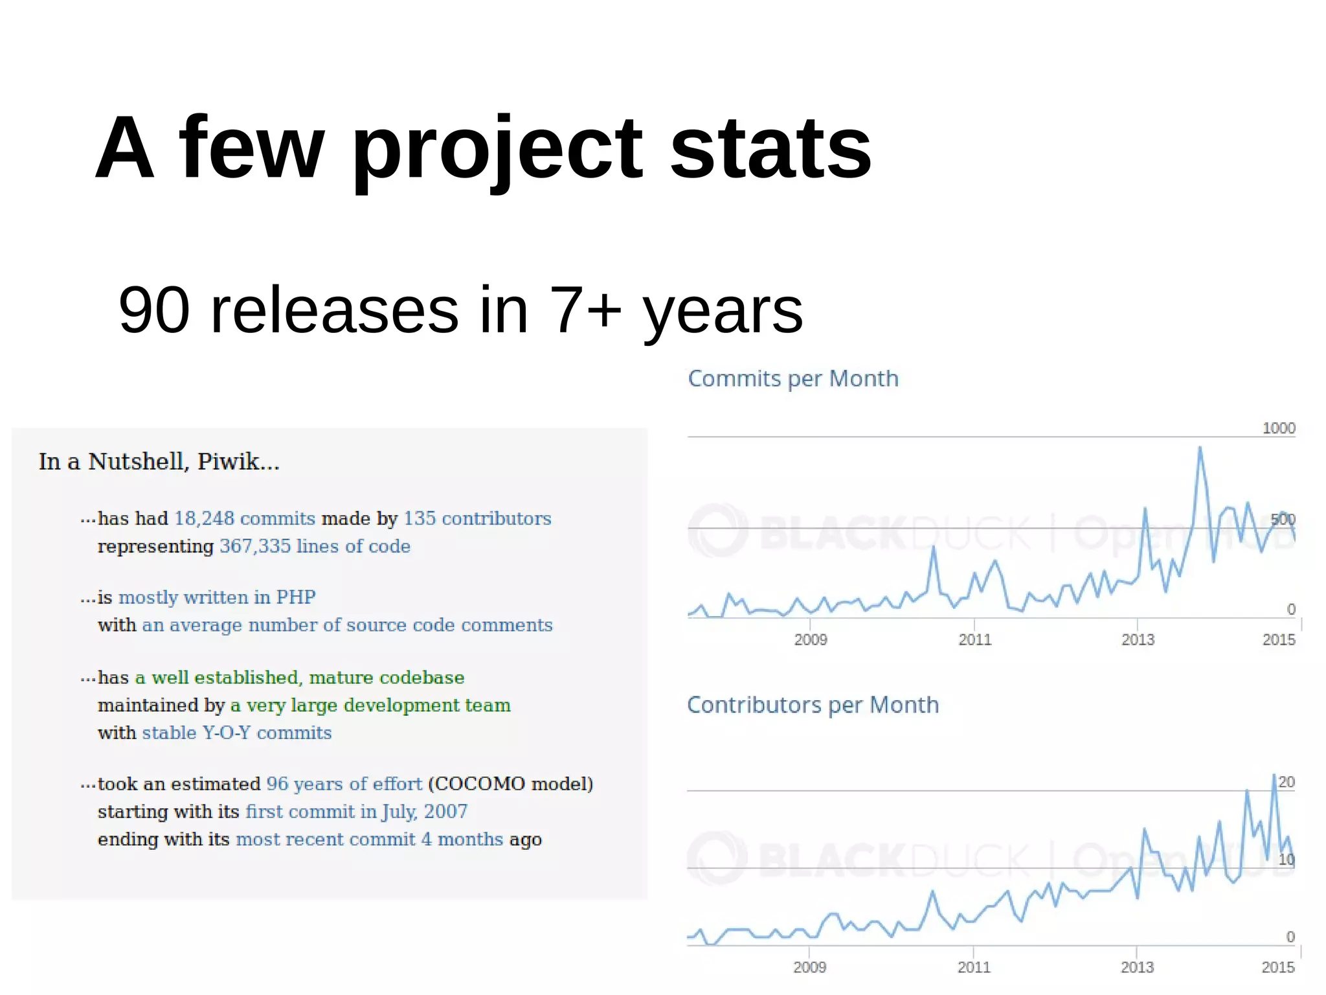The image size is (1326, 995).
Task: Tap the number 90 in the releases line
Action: pos(154,310)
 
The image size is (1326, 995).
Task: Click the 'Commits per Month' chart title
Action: pos(793,379)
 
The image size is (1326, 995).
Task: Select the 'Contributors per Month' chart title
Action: pos(813,705)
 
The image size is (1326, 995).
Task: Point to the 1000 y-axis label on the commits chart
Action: pos(1278,428)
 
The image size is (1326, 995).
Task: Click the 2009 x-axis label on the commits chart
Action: pos(811,640)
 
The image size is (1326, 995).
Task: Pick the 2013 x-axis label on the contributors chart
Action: pos(1137,967)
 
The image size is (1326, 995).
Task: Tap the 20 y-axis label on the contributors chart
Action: pos(1287,783)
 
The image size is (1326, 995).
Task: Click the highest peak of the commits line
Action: pos(1200,448)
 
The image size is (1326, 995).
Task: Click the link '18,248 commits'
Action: pos(245,519)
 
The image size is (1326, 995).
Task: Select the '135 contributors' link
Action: pos(477,519)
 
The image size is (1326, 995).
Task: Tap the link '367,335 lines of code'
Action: pos(315,547)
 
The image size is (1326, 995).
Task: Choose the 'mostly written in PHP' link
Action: pos(217,597)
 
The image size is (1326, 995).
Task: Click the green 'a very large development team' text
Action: pos(370,705)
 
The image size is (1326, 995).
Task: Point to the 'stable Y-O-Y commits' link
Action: pos(237,733)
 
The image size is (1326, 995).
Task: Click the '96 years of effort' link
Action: pos(344,784)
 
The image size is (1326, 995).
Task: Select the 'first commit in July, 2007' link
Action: pos(356,812)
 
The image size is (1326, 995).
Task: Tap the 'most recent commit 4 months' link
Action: pos(369,840)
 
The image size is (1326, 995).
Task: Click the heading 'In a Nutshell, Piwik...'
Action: pos(159,462)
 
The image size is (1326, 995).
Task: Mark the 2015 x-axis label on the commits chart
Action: pos(1279,640)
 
